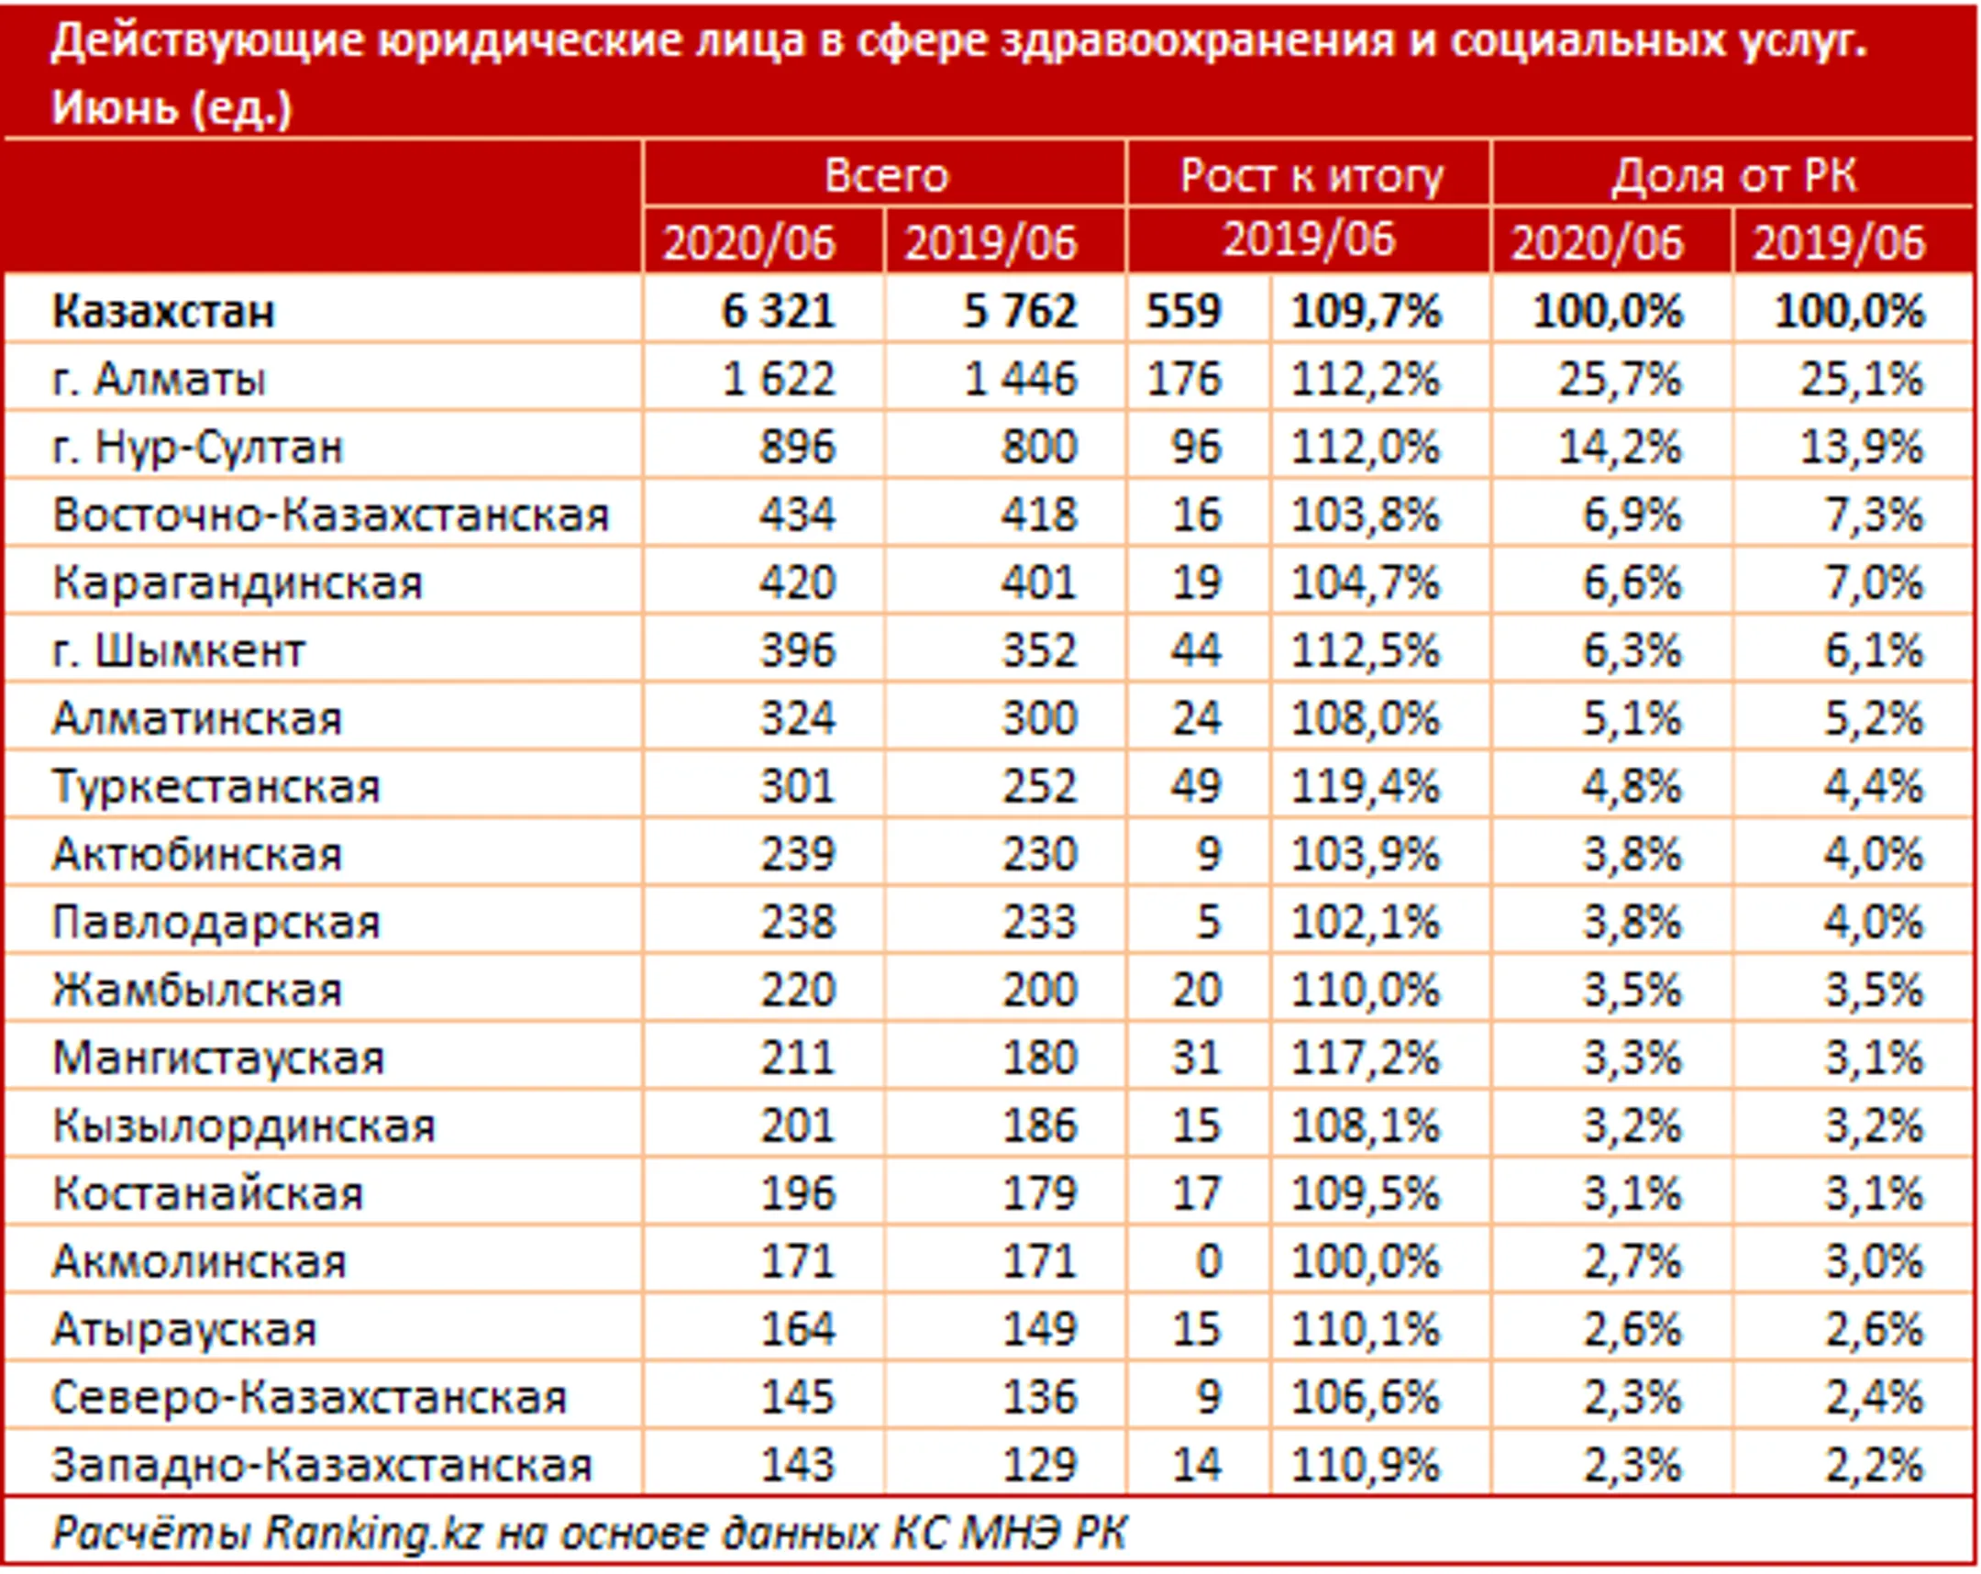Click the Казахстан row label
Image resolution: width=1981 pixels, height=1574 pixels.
click(x=163, y=312)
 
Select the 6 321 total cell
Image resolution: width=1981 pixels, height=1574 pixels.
click(x=778, y=312)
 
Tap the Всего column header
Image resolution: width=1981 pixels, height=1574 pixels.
click(x=885, y=174)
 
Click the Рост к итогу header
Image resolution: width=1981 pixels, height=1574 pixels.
click(x=1311, y=174)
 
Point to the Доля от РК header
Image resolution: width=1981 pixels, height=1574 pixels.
click(x=1732, y=174)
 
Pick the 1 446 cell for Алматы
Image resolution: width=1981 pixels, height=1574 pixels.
click(x=1019, y=380)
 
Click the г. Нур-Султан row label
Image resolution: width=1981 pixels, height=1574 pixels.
click(x=197, y=448)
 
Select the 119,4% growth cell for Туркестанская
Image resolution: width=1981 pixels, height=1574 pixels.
click(x=1366, y=786)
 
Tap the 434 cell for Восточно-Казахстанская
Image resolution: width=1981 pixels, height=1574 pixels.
click(x=797, y=515)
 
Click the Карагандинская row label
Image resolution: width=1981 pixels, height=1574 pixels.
click(x=237, y=582)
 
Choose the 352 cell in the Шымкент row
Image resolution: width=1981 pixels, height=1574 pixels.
click(x=1038, y=650)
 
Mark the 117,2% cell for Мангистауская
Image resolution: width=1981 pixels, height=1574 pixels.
click(x=1366, y=1058)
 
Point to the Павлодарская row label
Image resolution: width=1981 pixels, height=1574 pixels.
click(x=216, y=922)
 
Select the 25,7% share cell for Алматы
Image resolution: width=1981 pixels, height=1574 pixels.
click(x=1619, y=380)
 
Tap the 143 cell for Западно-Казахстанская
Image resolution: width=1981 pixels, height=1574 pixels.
click(x=797, y=1465)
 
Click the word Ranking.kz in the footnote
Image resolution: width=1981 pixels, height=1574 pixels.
click(x=373, y=1533)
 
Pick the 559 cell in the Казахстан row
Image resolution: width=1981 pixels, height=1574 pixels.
click(x=1183, y=312)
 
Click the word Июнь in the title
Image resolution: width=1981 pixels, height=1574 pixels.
click(x=114, y=107)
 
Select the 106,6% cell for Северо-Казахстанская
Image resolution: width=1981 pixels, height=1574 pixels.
click(x=1366, y=1397)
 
